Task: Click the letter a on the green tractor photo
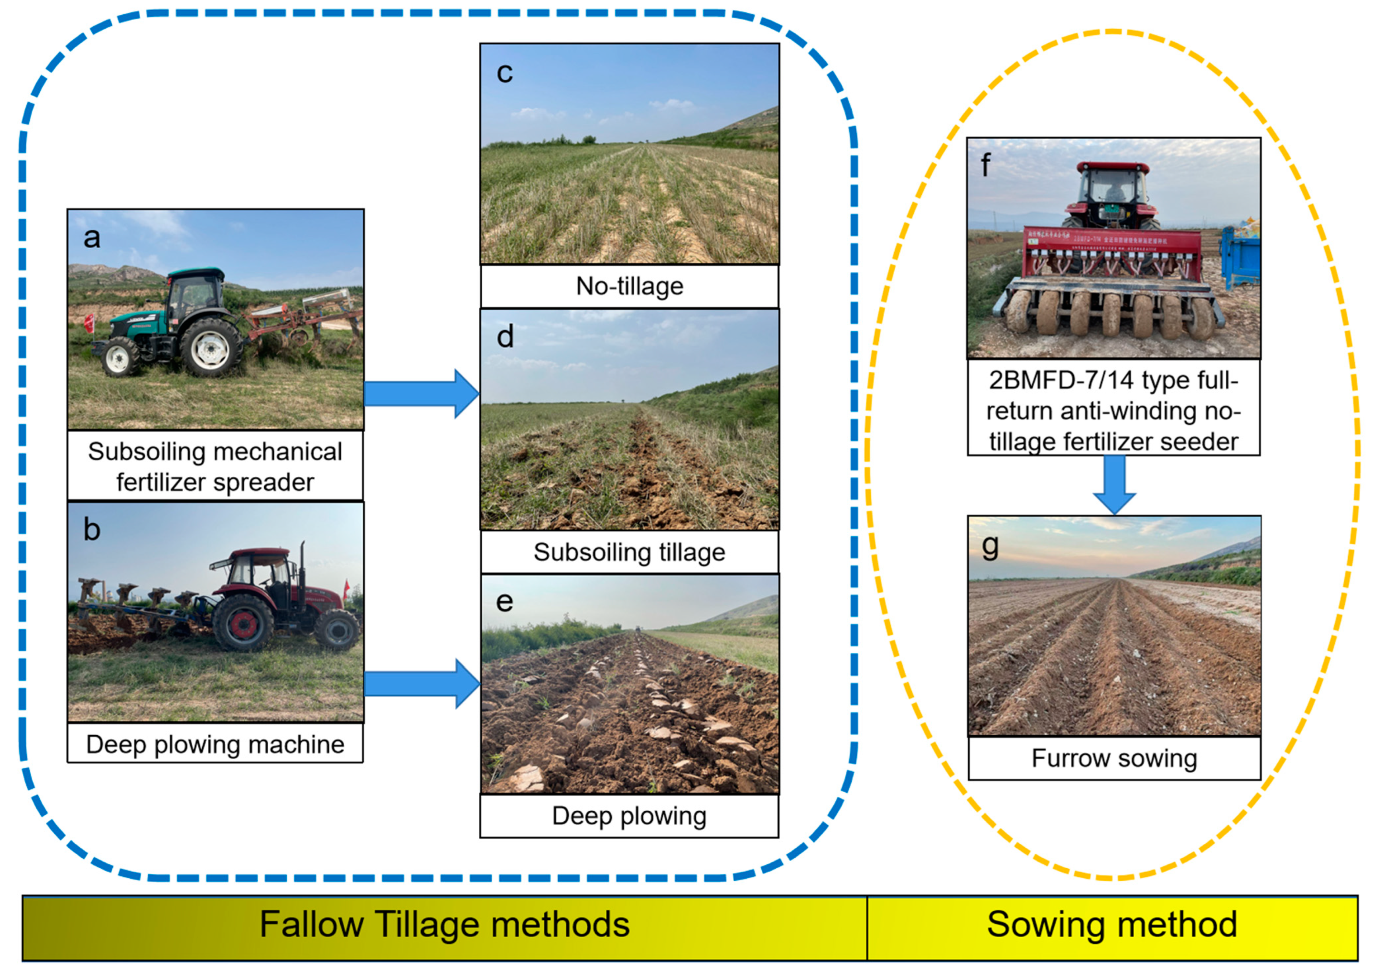[x=91, y=238]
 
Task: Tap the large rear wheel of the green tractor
[x=210, y=347]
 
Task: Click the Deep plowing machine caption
[x=215, y=745]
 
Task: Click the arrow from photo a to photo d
[x=421, y=394]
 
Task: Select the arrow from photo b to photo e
[x=421, y=684]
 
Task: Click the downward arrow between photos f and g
[x=1114, y=485]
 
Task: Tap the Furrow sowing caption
[x=1114, y=758]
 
